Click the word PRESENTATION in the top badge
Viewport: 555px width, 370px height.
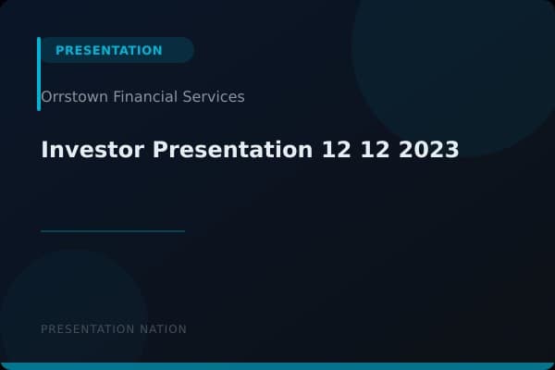(x=108, y=51)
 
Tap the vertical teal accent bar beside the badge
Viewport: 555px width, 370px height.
(x=39, y=74)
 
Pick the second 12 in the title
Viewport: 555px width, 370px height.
(x=377, y=149)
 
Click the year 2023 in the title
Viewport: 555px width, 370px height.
(x=429, y=149)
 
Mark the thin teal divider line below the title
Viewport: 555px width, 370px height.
(x=113, y=231)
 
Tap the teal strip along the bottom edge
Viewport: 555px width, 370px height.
(x=277, y=366)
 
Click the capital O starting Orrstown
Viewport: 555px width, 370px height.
(x=46, y=96)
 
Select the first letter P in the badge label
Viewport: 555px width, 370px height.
(x=60, y=51)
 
